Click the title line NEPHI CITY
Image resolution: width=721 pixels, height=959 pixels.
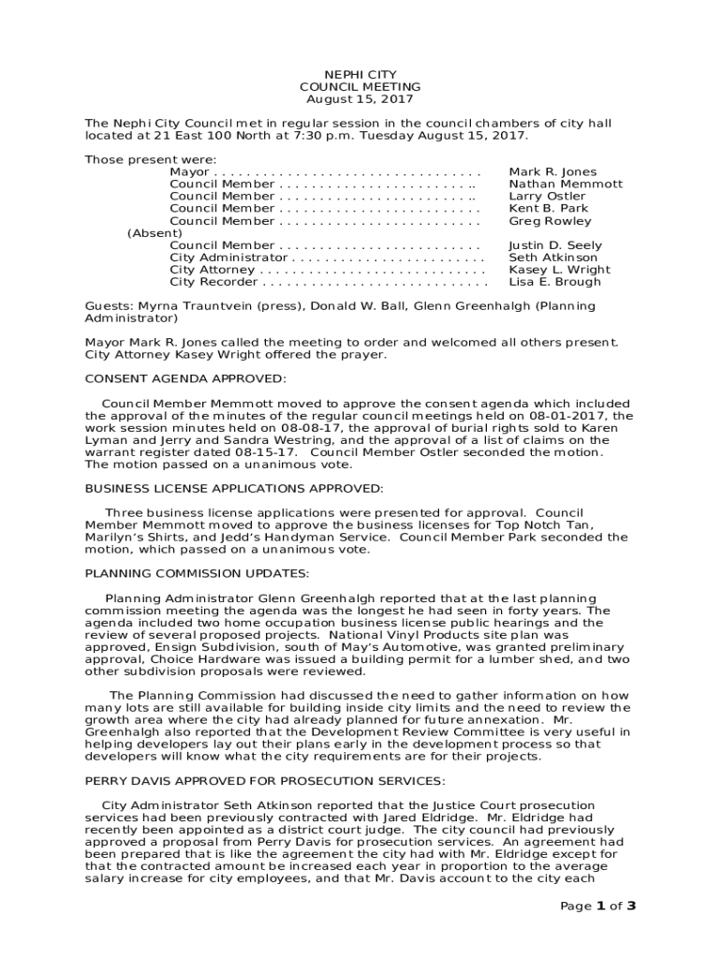coord(360,75)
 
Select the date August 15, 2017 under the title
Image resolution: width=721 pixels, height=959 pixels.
coord(360,99)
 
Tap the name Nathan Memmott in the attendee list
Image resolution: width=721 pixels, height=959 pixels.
coord(565,184)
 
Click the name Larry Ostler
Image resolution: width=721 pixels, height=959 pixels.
coord(547,197)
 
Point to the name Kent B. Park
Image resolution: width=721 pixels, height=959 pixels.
coord(549,209)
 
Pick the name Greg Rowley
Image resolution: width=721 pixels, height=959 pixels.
coord(550,222)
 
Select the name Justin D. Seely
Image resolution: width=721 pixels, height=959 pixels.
coord(555,245)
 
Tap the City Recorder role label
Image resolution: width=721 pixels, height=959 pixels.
coord(213,282)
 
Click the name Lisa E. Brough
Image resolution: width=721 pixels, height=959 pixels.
coord(554,282)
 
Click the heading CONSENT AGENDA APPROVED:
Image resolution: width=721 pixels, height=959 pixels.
coord(185,378)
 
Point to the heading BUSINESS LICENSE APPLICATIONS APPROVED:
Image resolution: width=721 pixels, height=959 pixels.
coord(234,488)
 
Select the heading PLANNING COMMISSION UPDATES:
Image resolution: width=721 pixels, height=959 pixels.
coord(197,573)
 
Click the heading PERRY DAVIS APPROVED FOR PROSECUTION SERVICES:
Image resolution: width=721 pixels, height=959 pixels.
coord(265,781)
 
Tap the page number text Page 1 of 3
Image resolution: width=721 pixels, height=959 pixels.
coord(597,906)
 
